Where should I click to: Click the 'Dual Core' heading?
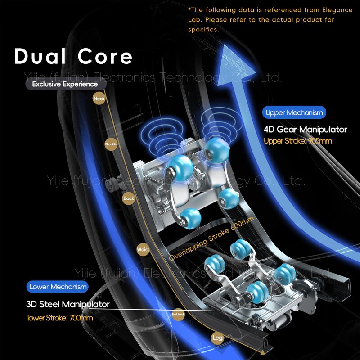(73, 57)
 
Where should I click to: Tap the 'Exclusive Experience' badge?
(65, 84)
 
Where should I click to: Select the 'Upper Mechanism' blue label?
(294, 112)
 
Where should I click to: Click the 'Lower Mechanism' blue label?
(58, 287)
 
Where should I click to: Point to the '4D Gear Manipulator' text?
(305, 130)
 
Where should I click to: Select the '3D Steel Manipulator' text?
(67, 305)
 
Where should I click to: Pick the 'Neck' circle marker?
(99, 98)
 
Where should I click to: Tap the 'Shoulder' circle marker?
(111, 144)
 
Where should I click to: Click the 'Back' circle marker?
(128, 198)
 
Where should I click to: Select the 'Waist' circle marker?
(143, 249)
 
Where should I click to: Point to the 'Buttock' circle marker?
(178, 314)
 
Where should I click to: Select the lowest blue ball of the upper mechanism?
(190, 219)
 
